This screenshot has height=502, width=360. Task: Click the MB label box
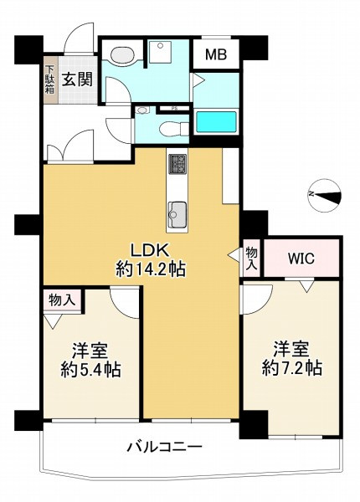pos(216,55)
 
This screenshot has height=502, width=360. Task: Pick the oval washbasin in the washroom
pos(121,55)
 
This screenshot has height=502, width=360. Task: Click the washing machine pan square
pos(159,55)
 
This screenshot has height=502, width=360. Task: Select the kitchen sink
pos(177,215)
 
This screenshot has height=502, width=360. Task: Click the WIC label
pos(301,258)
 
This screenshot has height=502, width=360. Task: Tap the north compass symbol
pos(325,193)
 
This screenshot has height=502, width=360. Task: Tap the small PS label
pos(173,108)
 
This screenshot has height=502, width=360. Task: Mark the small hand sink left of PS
pos(143,110)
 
